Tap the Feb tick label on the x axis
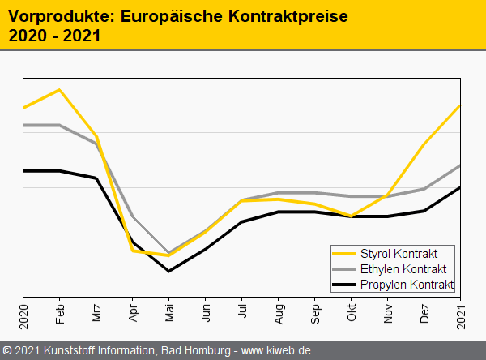tap(60, 313)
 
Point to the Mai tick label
tap(169, 313)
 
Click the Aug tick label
tap(279, 313)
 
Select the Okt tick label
tap(352, 313)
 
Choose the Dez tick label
tap(424, 313)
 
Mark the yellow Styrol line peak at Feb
tap(60, 89)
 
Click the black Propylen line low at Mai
tap(169, 271)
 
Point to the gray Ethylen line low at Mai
tap(169, 252)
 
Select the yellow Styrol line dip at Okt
tap(352, 216)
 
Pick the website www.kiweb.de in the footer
tap(277, 351)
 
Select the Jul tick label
tap(242, 312)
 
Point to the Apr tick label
tap(133, 313)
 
